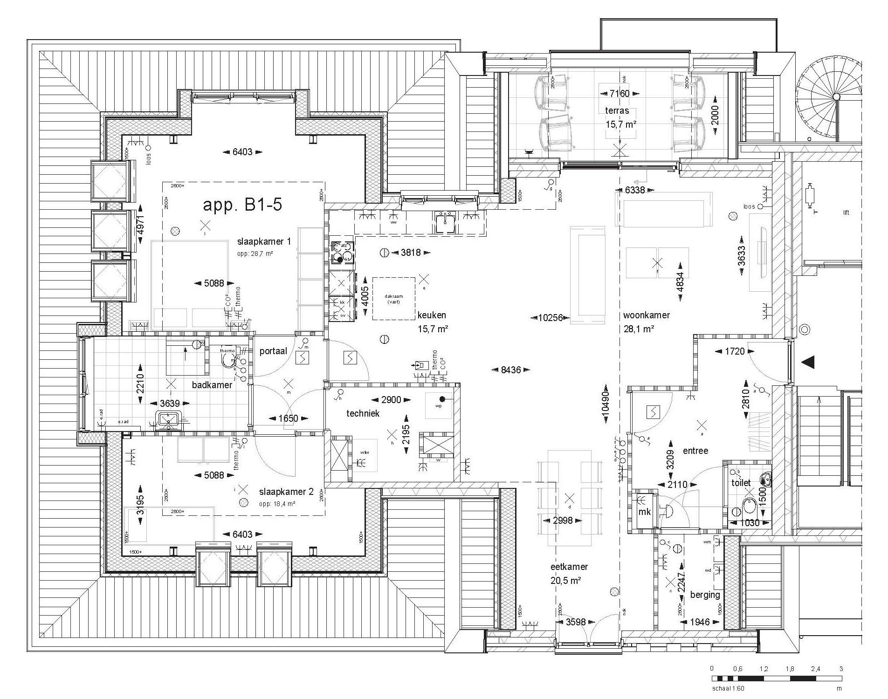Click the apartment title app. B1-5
click(x=242, y=205)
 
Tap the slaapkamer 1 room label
click(x=264, y=241)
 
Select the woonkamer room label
click(x=646, y=315)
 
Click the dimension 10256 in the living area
click(x=550, y=318)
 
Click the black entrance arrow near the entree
click(x=807, y=362)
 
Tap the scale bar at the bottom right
click(x=776, y=678)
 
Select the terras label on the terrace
click(x=617, y=111)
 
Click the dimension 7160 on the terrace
click(x=620, y=93)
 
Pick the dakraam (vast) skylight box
click(x=393, y=299)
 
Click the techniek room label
click(x=363, y=413)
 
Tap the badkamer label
click(x=212, y=385)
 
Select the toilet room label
click(x=741, y=483)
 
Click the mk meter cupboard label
click(x=644, y=512)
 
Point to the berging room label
click(x=705, y=595)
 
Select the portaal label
click(x=273, y=351)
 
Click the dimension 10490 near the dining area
click(x=605, y=404)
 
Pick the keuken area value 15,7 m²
click(x=433, y=329)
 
